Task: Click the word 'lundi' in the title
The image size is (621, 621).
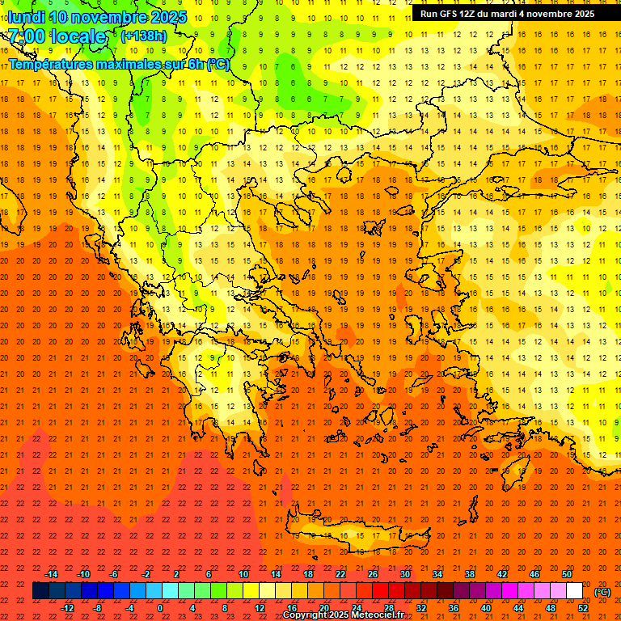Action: (x=26, y=17)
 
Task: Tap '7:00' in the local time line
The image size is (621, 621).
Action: (x=26, y=36)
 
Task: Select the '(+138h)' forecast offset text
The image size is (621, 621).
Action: (x=144, y=36)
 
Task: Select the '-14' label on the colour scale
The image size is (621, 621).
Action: (x=51, y=574)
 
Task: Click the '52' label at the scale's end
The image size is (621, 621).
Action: (x=583, y=608)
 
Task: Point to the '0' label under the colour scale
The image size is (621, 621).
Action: (x=160, y=608)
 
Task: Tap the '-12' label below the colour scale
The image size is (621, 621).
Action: (x=67, y=608)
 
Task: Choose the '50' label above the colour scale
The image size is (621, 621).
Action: (x=566, y=574)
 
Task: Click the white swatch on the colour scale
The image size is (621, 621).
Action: (x=574, y=591)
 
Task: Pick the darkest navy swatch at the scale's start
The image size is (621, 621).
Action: (x=40, y=591)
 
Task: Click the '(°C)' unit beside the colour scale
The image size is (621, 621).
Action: (x=602, y=592)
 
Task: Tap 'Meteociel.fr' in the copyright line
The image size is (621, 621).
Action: (x=377, y=615)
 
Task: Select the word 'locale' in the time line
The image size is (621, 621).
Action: (x=77, y=36)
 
